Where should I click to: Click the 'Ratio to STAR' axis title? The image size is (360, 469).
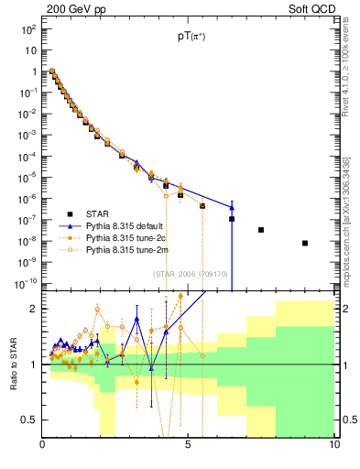point(12,363)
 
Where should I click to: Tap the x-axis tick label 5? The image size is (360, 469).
point(188,445)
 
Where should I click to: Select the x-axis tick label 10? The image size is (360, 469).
point(333,445)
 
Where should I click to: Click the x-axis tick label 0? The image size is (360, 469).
point(42,445)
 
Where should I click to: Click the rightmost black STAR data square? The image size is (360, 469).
point(305,243)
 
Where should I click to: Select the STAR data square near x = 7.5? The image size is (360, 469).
point(261,230)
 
